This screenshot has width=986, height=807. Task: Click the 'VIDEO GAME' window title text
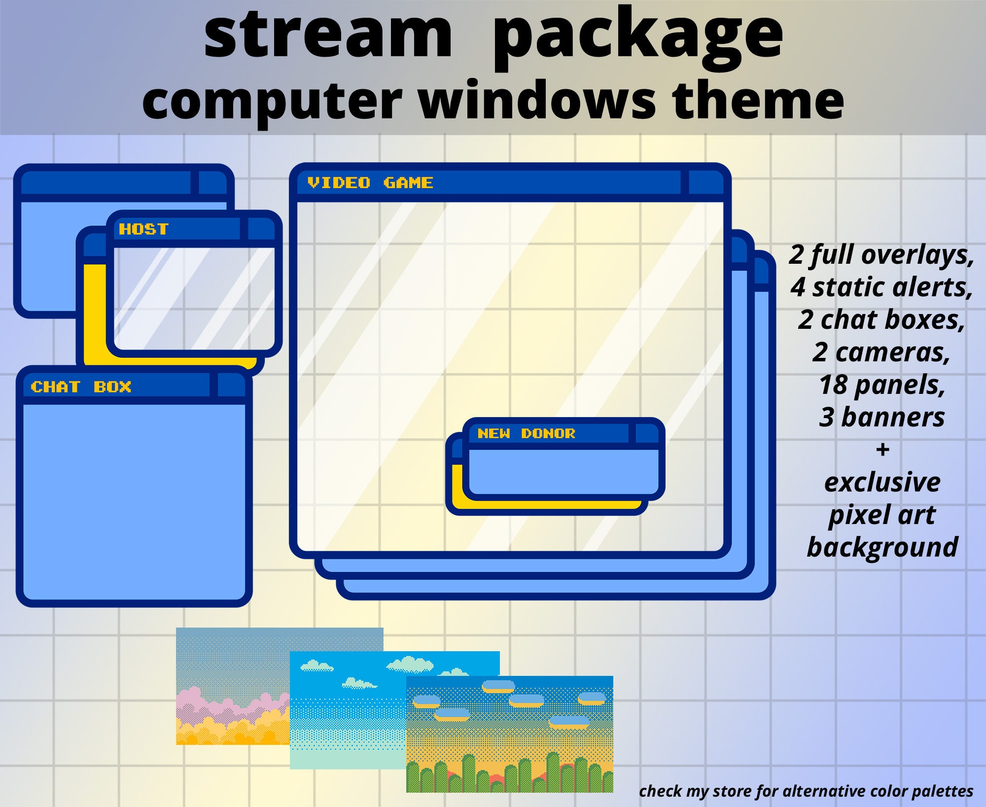(370, 183)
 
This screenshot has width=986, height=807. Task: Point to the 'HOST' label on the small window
(143, 229)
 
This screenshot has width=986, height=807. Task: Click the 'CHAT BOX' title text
(81, 387)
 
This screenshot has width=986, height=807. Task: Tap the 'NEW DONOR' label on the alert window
(526, 434)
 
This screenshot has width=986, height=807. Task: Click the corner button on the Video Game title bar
(705, 183)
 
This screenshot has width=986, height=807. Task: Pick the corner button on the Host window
(260, 229)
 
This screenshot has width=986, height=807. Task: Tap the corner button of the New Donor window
(646, 434)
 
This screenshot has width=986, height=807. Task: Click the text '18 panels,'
(882, 385)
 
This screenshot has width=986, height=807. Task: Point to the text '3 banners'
(882, 418)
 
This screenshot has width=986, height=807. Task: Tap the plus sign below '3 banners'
(883, 450)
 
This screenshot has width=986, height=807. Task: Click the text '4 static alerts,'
(882, 287)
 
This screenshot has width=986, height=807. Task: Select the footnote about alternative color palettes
(806, 791)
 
